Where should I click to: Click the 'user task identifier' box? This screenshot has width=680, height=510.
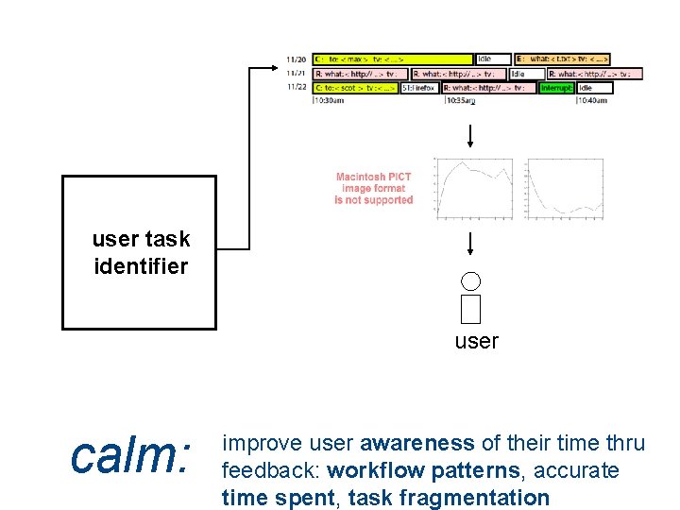pos(139,252)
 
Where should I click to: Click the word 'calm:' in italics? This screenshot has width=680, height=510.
pos(131,457)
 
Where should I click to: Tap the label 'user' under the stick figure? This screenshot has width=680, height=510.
pos(476,342)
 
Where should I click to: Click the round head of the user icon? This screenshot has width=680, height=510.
pos(471,280)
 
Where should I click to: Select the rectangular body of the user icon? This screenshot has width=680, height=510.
pos(471,308)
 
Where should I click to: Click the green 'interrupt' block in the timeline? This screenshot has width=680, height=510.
pos(556,88)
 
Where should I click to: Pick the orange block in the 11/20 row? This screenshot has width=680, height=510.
pos(562,59)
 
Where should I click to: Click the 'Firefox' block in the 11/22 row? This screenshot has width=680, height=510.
pos(419,88)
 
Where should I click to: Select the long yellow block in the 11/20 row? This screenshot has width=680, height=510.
pos(393,59)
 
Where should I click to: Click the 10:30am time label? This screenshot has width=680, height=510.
pos(329,100)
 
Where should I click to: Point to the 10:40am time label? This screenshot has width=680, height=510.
pos(592,100)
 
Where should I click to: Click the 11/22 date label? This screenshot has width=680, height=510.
pos(296,87)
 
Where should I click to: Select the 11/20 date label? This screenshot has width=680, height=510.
pos(296,59)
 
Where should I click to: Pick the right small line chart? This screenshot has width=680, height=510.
pos(565,188)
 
